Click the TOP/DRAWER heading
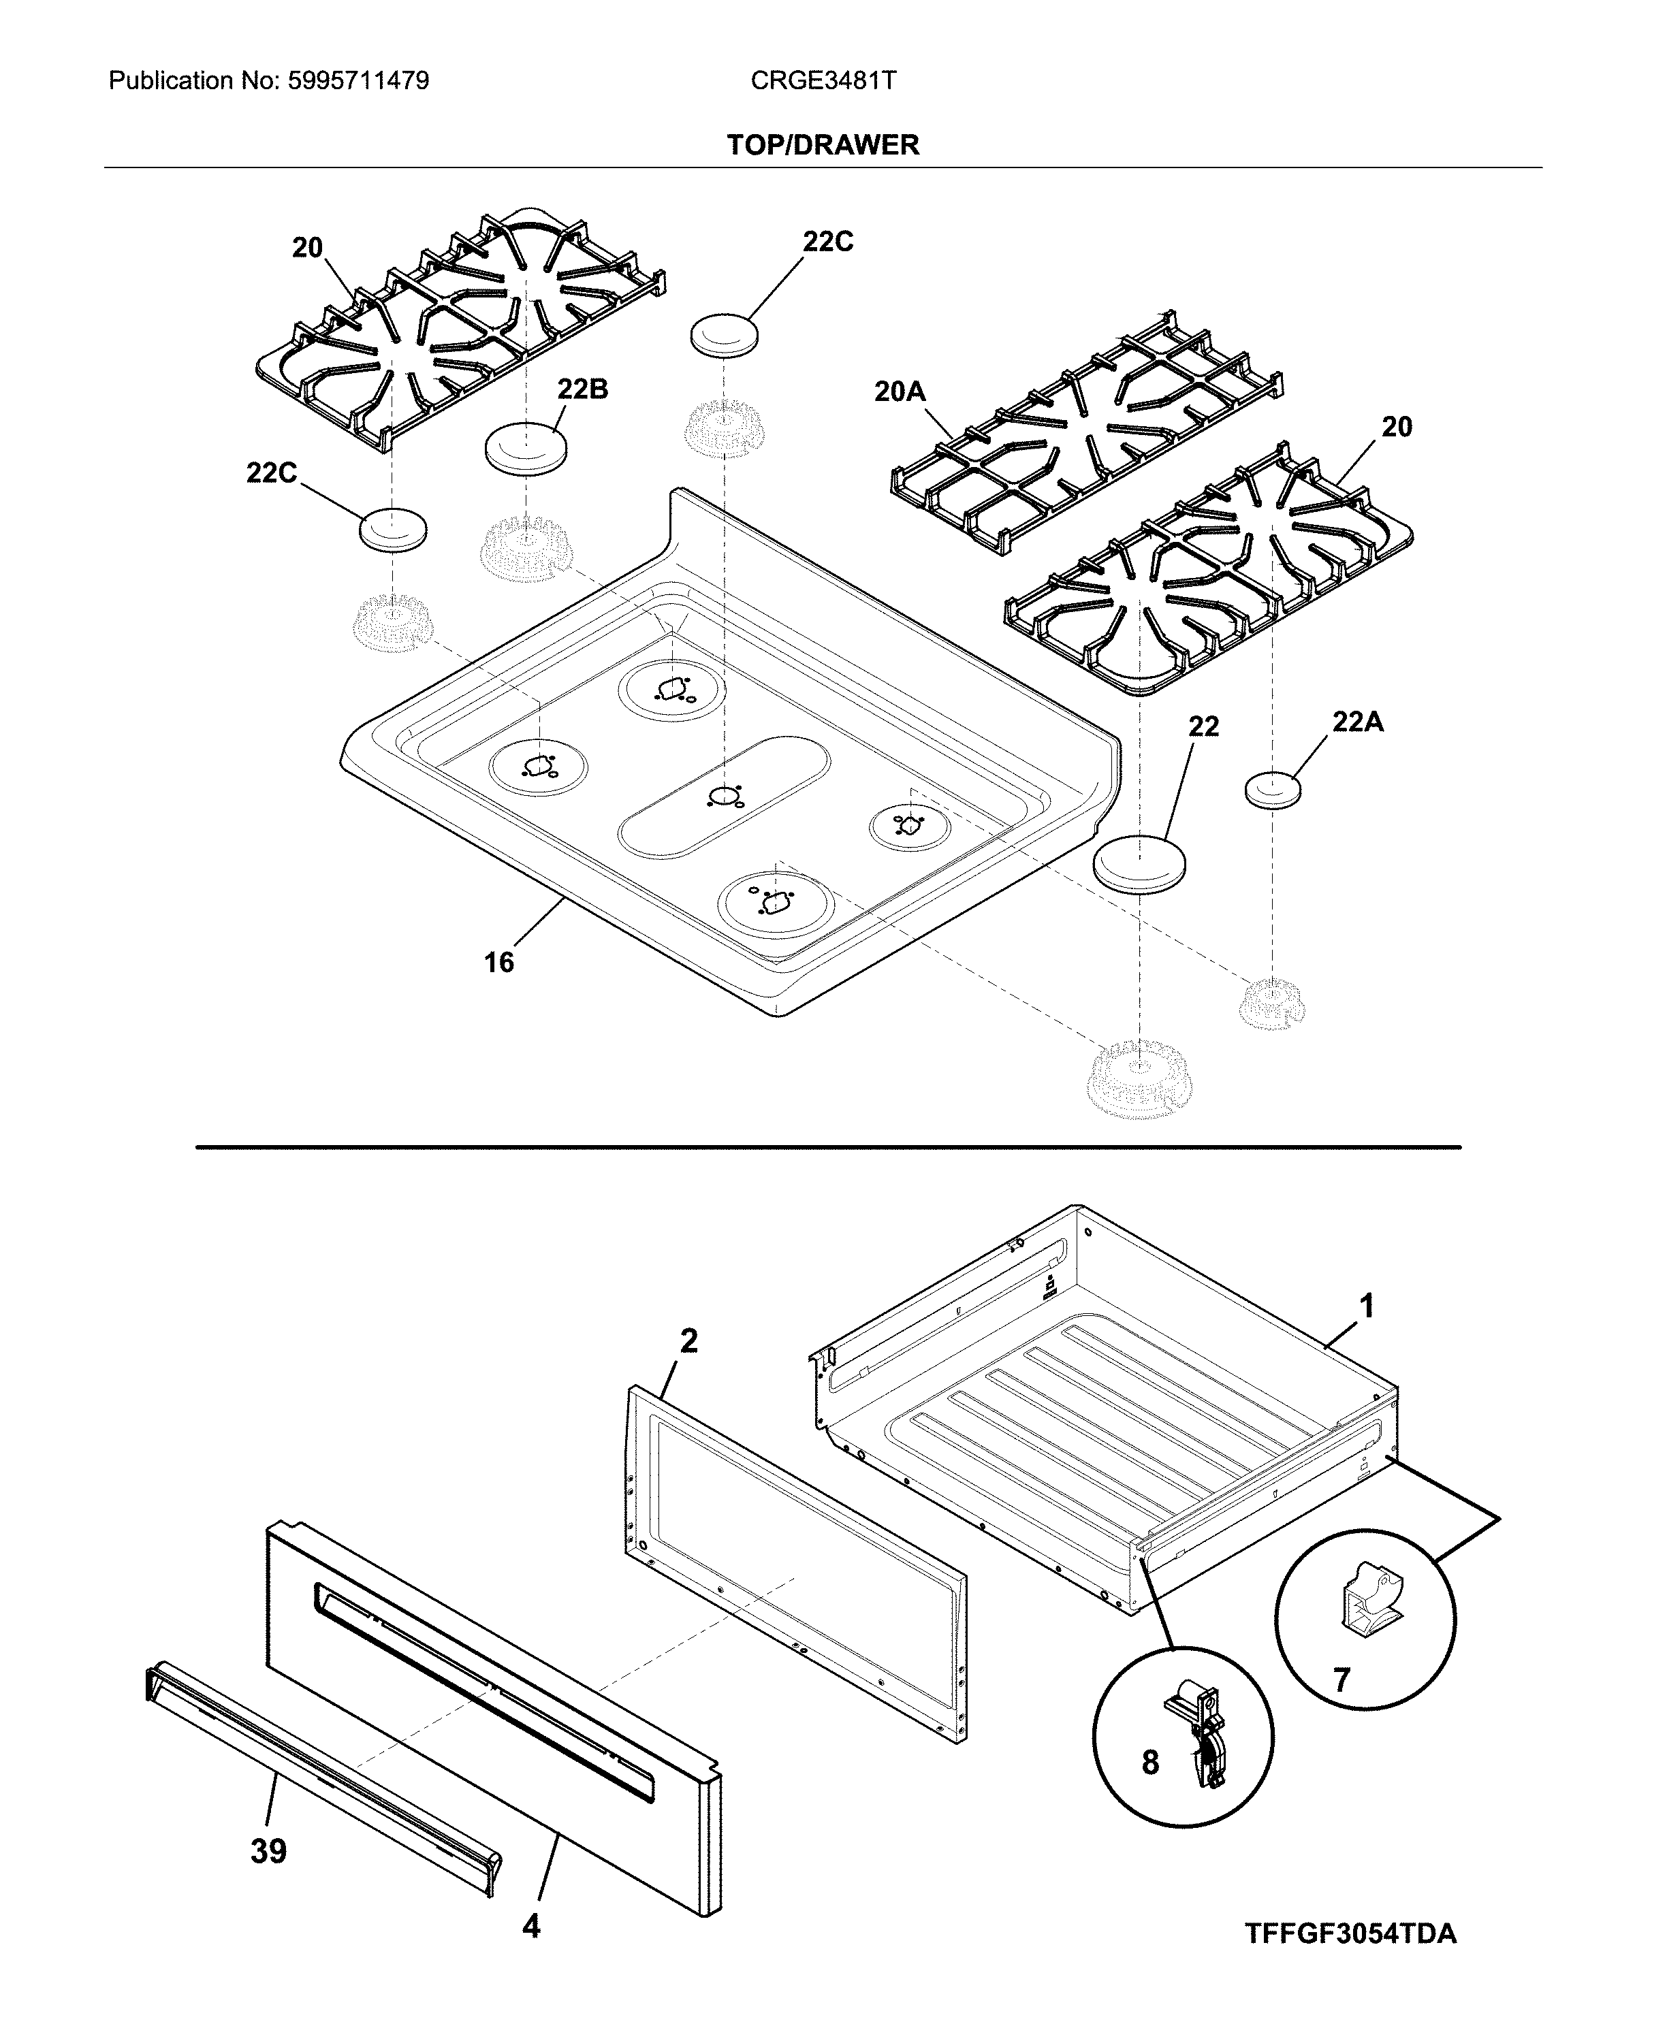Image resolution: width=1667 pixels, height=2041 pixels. tap(823, 145)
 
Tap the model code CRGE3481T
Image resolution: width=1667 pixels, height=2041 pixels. tap(823, 80)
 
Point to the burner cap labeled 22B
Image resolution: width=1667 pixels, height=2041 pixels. tap(525, 447)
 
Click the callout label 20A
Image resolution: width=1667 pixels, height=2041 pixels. tap(899, 391)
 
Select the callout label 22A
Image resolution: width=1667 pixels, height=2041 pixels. tap(1357, 722)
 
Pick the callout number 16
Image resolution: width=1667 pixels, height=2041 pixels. tap(498, 962)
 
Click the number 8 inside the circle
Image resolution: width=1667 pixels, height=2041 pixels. tap(1150, 1763)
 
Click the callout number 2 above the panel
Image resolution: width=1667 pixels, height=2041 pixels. tap(688, 1341)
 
